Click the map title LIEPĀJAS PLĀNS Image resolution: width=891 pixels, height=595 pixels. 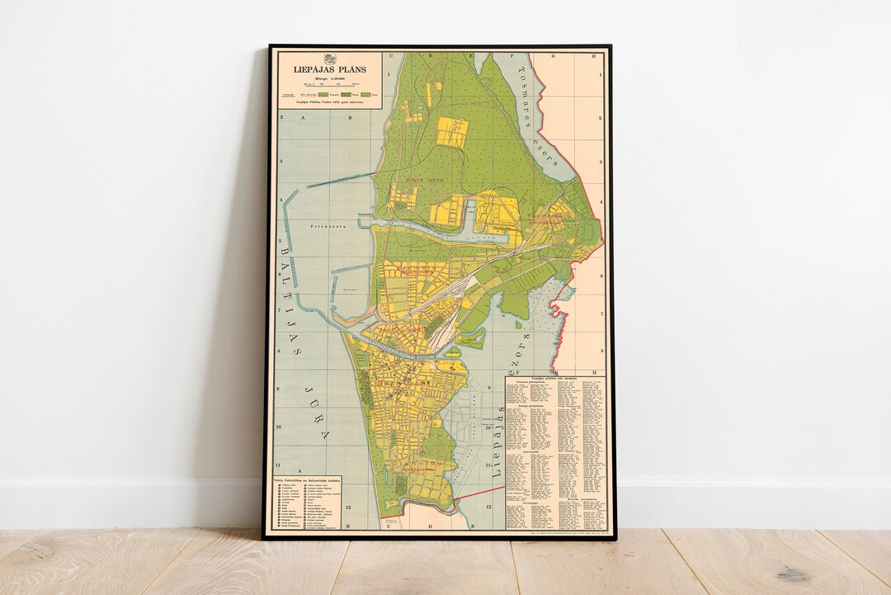click(x=329, y=70)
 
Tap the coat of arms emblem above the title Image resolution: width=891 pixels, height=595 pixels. click(x=329, y=59)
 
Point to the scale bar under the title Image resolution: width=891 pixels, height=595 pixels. click(x=329, y=83)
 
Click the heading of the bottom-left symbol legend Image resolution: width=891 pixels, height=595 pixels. click(x=308, y=481)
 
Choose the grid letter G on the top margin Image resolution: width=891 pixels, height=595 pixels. click(x=553, y=56)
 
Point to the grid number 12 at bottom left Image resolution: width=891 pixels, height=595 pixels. click(x=351, y=508)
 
